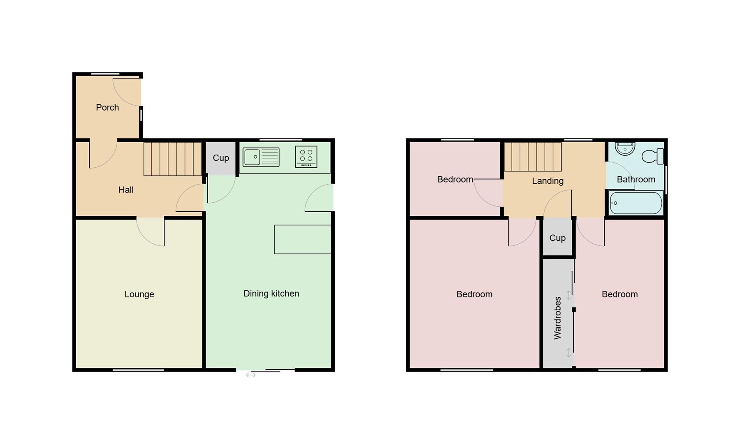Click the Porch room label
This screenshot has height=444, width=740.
point(107,107)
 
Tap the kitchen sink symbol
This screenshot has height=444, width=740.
point(261,157)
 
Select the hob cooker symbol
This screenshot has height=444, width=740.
point(306,157)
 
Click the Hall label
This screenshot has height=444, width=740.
point(126,190)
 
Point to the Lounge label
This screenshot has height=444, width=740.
point(139,294)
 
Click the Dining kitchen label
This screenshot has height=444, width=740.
point(271,294)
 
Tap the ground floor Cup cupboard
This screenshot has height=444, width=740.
point(220,158)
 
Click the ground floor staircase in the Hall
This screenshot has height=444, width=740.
point(172,159)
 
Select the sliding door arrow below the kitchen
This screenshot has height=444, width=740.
point(251,375)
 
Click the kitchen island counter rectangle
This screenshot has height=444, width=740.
point(303,239)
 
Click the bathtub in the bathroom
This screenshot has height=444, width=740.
point(636,203)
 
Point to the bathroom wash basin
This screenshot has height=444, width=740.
point(625,148)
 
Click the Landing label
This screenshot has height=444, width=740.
point(547,181)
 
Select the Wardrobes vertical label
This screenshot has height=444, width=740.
point(557,318)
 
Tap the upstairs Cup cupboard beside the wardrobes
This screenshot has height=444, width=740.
point(557,238)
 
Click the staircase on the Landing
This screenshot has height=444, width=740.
point(533,157)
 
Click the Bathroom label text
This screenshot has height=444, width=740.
point(636,179)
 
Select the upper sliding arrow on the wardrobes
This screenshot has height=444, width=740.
point(569,295)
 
